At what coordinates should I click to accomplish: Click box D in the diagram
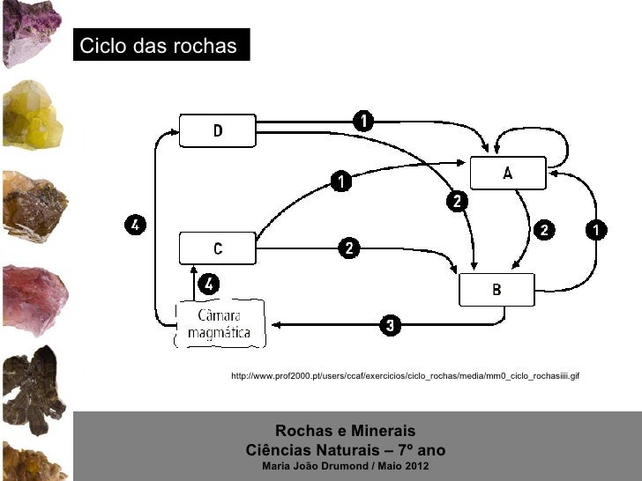click(218, 130)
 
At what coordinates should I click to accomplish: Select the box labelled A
click(507, 173)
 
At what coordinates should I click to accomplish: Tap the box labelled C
click(218, 248)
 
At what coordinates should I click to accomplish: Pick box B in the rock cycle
click(496, 289)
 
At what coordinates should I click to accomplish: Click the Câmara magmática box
click(219, 324)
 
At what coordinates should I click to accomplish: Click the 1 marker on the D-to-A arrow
click(362, 119)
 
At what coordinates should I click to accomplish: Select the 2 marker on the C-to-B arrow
click(350, 248)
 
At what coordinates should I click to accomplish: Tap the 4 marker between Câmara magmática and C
click(207, 284)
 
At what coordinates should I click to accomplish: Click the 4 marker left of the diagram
click(133, 226)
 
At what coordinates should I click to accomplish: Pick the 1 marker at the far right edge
click(597, 230)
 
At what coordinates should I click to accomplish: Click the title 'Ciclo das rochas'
click(159, 46)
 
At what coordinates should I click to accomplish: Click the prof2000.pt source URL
click(404, 377)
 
